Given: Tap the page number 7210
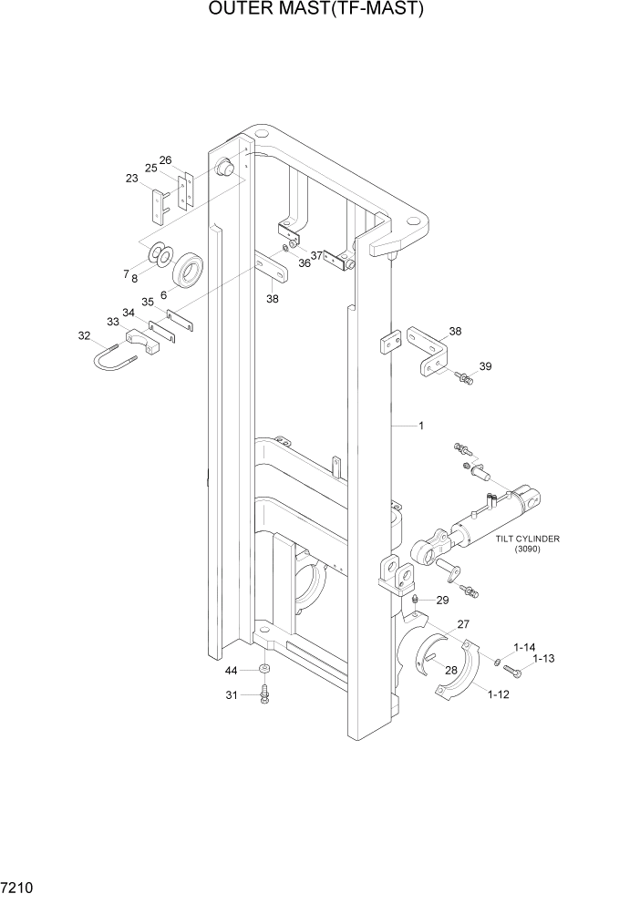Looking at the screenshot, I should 19,886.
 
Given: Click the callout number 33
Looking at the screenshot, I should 113,322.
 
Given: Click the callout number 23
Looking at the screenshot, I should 131,179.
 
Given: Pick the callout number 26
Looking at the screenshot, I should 165,160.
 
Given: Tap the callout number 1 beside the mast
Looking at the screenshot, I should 421,426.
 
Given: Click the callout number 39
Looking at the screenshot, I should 485,366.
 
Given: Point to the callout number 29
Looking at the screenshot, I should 442,600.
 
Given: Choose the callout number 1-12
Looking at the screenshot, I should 498,694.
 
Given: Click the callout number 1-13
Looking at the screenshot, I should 543,658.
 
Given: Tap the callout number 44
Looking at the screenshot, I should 232,671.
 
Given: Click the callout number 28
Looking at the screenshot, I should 450,670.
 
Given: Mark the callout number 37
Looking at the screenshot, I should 316,255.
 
